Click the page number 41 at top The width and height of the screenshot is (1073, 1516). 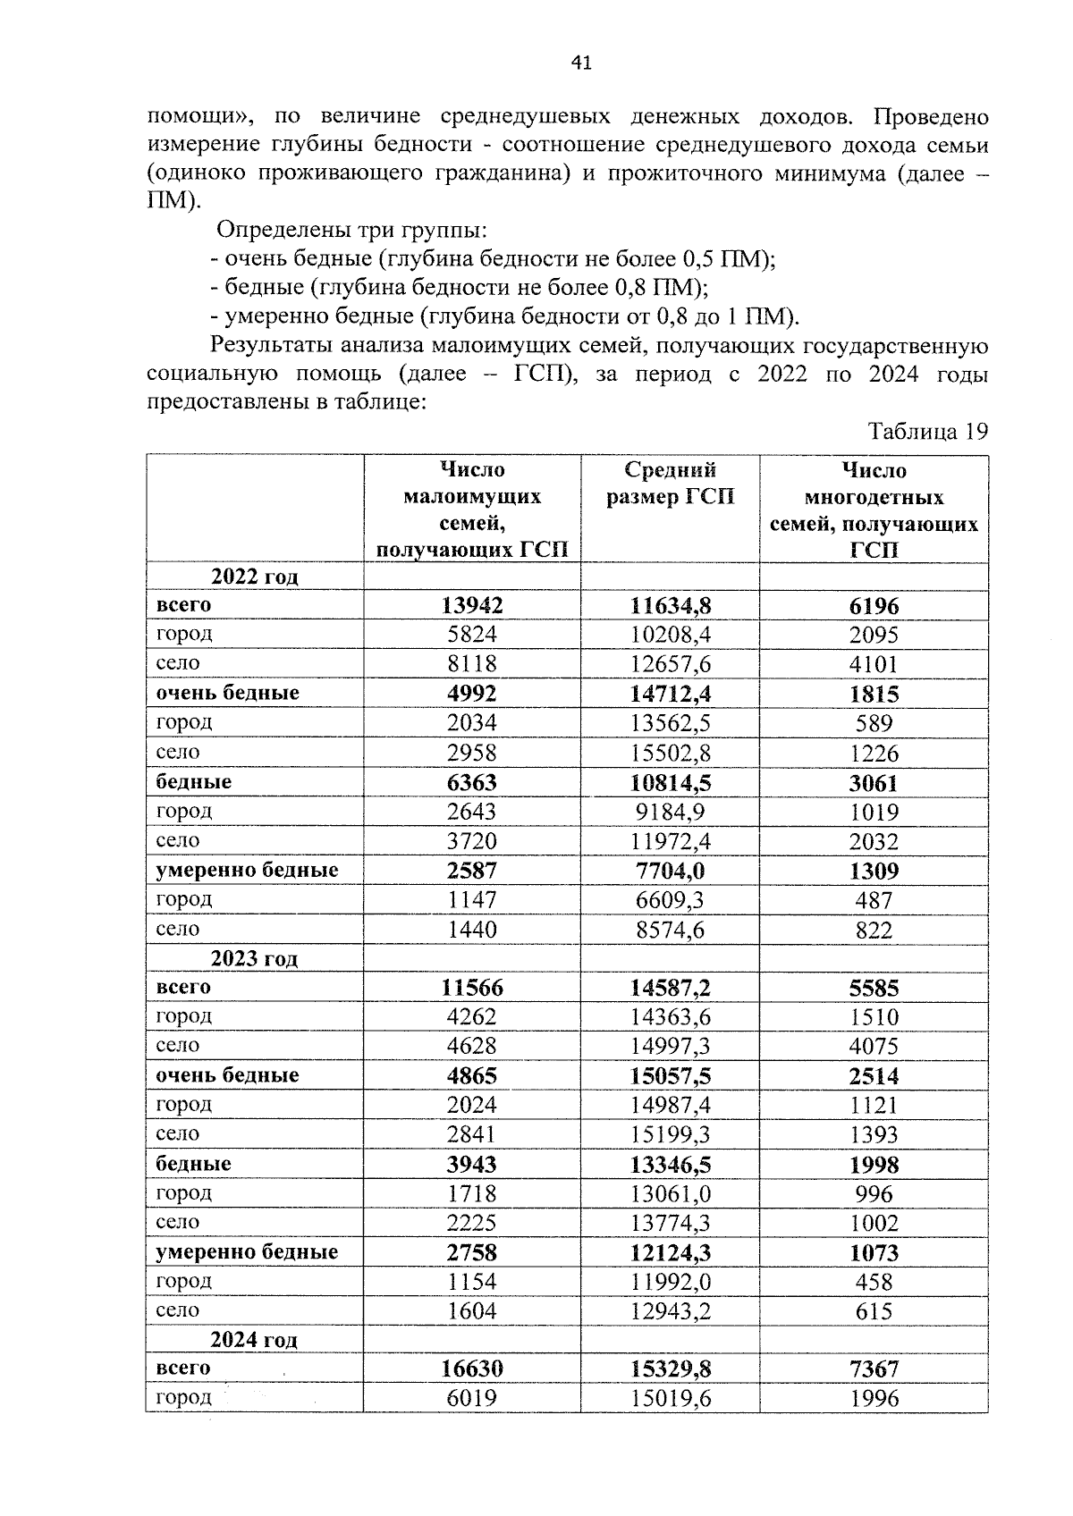[580, 63]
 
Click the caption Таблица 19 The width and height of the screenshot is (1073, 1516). [928, 432]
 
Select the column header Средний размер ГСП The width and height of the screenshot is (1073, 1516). [670, 484]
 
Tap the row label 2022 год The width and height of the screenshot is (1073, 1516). [255, 577]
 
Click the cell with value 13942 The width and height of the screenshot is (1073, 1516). [472, 605]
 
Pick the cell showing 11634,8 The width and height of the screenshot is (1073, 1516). [670, 605]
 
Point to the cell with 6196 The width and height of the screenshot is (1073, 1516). [874, 605]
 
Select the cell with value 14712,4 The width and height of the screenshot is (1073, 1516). [670, 694]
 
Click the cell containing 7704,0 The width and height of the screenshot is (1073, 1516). [670, 871]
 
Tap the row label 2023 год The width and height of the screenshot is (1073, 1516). [255, 958]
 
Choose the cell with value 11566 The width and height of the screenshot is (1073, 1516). [472, 987]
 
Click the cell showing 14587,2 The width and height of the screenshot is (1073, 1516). [670, 987]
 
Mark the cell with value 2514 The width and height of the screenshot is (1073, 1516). [874, 1075]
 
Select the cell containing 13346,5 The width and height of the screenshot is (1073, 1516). [670, 1164]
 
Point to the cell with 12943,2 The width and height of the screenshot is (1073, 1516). [670, 1310]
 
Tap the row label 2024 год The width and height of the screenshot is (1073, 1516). [255, 1339]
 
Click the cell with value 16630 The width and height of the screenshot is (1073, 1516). [472, 1369]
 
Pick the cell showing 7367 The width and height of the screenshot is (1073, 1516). [874, 1369]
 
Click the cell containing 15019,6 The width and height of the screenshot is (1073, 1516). [670, 1398]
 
